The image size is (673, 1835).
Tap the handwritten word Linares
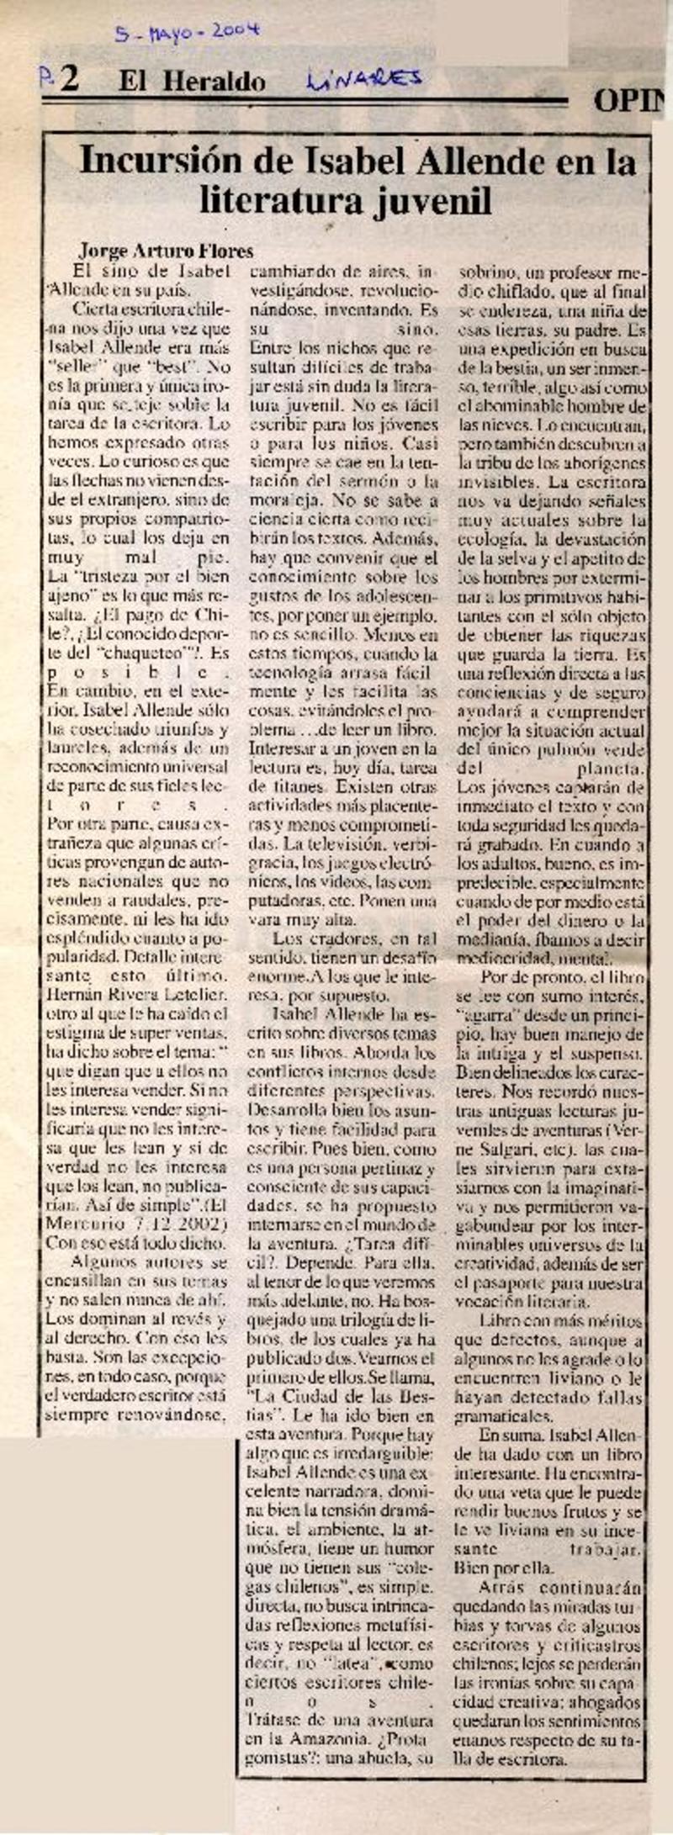tap(363, 80)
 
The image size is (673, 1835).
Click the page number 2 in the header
tap(68, 80)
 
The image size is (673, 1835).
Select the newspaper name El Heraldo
tap(192, 81)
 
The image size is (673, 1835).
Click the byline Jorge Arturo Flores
tap(166, 251)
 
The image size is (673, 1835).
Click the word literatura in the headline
tap(273, 201)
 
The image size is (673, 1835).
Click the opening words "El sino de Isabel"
tap(140, 270)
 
